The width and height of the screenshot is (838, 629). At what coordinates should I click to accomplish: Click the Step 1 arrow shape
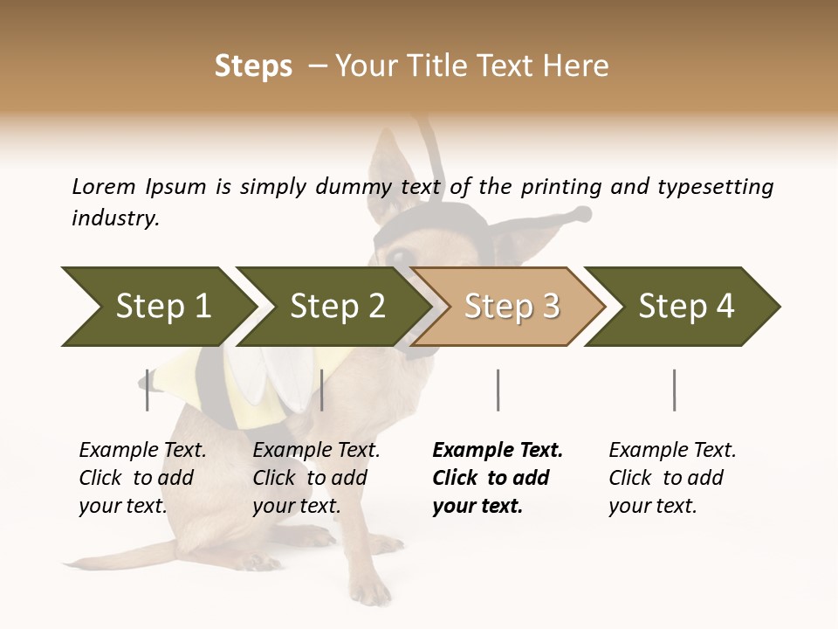pos(161,307)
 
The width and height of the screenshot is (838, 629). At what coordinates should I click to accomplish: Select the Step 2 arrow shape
pos(336,307)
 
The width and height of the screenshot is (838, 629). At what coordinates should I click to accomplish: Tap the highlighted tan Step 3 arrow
pos(511,307)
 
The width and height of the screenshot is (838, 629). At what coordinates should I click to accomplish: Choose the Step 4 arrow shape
pos(685,307)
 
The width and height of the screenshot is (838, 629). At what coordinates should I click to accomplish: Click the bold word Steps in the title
pos(253,66)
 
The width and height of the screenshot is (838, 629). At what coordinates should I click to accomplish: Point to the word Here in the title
pos(575,66)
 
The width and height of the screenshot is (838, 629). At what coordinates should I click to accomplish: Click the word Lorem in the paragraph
pos(103,186)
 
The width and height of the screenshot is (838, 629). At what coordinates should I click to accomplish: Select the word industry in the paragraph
pos(115,218)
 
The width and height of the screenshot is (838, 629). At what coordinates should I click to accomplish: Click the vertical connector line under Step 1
pos(148,390)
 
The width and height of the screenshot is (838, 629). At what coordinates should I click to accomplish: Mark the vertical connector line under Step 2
pos(322,390)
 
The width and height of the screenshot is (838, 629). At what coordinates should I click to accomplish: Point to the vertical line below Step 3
pos(498,390)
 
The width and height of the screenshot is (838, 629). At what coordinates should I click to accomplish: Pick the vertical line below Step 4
pos(674,390)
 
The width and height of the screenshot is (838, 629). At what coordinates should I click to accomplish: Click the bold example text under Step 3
pos(498,478)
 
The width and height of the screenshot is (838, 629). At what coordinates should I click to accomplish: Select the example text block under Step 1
pos(142,478)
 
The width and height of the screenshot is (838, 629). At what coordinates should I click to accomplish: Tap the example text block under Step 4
pos(672,478)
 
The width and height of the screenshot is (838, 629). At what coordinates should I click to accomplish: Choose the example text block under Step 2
pos(316,478)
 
